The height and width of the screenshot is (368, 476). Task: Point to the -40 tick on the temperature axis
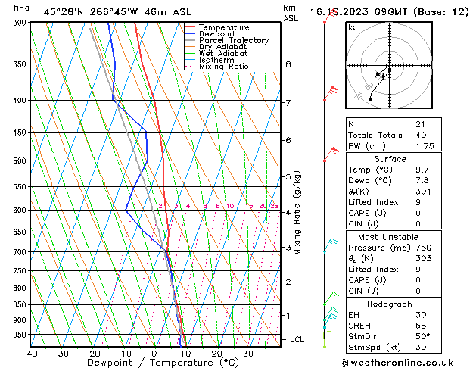[x=30, y=354]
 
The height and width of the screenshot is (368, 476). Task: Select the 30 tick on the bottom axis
[x=248, y=354]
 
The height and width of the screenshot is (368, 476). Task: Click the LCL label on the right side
[x=297, y=339]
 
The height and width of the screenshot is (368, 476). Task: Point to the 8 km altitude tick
[x=288, y=64]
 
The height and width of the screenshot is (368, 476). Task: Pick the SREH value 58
[x=420, y=326]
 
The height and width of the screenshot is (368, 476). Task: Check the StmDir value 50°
[x=422, y=336]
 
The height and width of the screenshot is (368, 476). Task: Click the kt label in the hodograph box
[x=351, y=27]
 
